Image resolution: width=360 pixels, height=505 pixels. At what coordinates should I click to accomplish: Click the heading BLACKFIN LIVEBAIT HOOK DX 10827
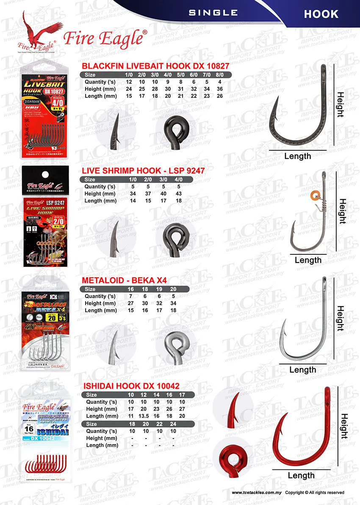[x=155, y=66]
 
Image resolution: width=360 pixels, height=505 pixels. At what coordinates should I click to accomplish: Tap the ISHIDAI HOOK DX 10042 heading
[x=131, y=386]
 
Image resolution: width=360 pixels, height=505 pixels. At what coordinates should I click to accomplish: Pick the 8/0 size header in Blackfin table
[x=219, y=75]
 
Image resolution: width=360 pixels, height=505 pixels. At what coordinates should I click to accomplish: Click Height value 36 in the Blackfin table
[x=219, y=89]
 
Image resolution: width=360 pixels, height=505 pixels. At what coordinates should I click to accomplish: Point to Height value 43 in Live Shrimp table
[x=179, y=193]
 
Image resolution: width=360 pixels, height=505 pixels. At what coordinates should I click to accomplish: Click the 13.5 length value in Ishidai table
[x=145, y=416]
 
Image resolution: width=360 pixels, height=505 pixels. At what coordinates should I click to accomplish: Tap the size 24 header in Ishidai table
[x=173, y=424]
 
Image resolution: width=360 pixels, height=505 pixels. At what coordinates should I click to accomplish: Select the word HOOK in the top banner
[x=321, y=14]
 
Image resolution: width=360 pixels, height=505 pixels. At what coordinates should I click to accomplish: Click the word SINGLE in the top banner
[x=213, y=13]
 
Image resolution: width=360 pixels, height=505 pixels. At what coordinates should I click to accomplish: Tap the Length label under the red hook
[x=301, y=475]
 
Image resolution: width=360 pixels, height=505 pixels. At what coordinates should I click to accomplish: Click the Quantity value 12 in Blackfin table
[x=129, y=82]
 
